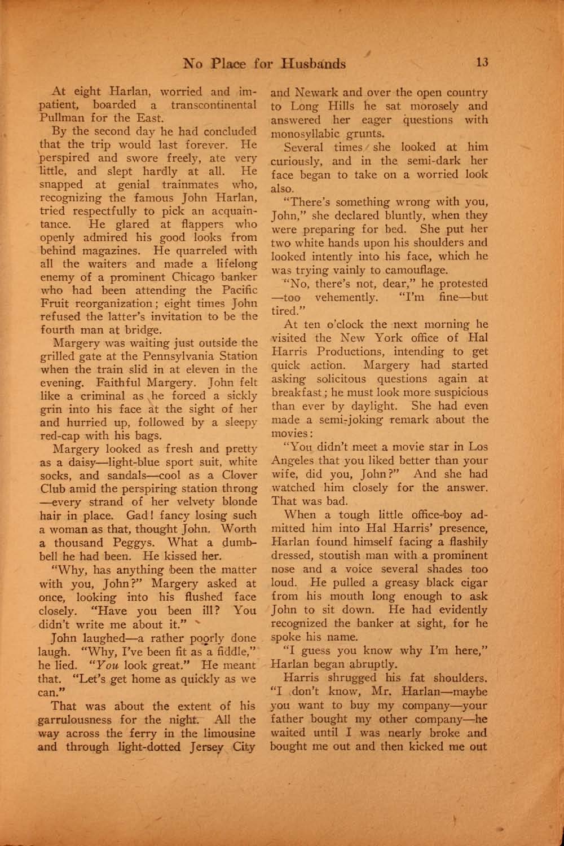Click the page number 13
point(481,62)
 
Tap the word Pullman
point(60,118)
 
